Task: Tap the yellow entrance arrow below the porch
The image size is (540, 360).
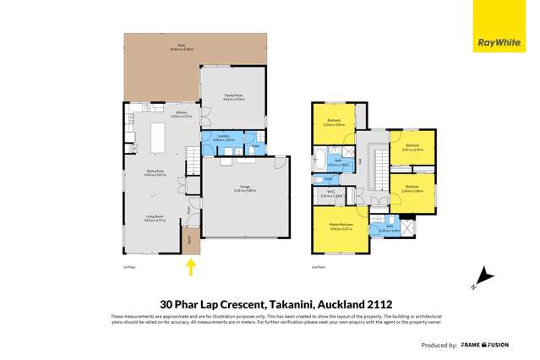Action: click(191, 268)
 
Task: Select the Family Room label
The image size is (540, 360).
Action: click(233, 96)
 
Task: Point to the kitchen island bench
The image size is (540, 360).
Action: click(157, 135)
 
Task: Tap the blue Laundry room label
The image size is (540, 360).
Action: click(223, 137)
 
